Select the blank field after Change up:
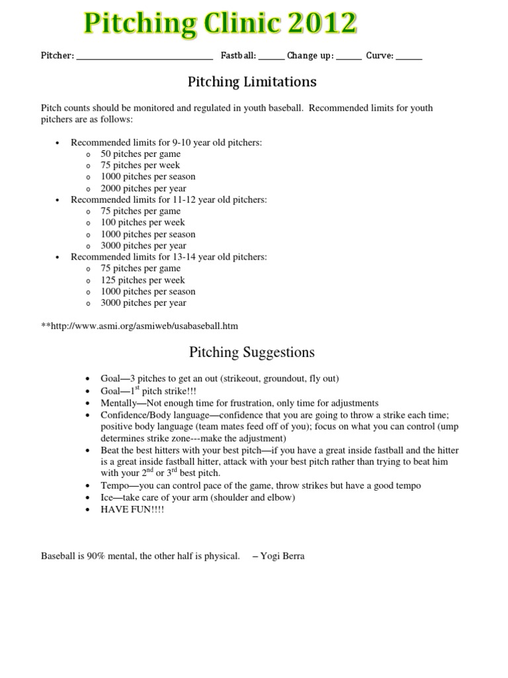349,58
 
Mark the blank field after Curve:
409,58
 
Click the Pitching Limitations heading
252,82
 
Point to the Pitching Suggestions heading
252,352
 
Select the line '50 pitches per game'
140,154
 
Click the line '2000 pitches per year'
143,188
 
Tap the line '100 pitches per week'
143,222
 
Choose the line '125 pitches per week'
143,280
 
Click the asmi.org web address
142,326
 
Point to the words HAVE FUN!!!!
132,510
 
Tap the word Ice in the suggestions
108,497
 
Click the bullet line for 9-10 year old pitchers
169,142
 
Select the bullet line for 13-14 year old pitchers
169,257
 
